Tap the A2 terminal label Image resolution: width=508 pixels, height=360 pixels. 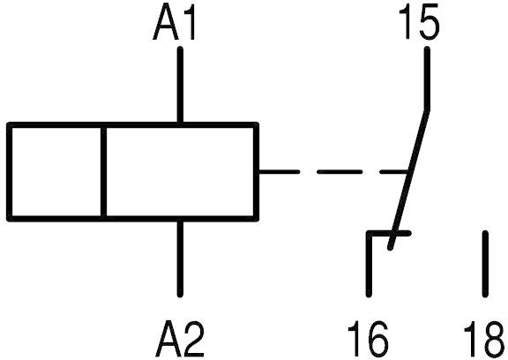179,339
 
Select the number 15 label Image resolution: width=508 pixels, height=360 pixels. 418,21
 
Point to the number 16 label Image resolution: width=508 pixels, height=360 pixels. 368,339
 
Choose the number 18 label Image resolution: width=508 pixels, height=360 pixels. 485,339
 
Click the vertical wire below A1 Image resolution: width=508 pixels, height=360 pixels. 180,85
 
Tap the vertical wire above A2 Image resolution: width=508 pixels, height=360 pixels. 180,259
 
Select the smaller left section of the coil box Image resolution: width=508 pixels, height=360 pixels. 56,172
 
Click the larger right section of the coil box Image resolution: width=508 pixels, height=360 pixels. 180,172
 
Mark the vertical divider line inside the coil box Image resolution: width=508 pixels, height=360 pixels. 104,172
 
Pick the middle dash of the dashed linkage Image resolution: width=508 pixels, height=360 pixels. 340,172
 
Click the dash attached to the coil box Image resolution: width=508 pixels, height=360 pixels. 279,172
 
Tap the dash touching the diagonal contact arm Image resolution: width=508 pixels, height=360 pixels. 393,172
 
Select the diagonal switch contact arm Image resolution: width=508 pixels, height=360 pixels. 409,180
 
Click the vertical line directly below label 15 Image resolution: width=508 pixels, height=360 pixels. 428,79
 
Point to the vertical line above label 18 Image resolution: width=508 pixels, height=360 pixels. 485,264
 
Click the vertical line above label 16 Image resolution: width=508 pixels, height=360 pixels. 369,265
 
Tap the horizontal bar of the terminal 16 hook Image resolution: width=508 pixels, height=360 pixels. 388,233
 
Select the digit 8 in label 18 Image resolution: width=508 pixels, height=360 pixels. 496,339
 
